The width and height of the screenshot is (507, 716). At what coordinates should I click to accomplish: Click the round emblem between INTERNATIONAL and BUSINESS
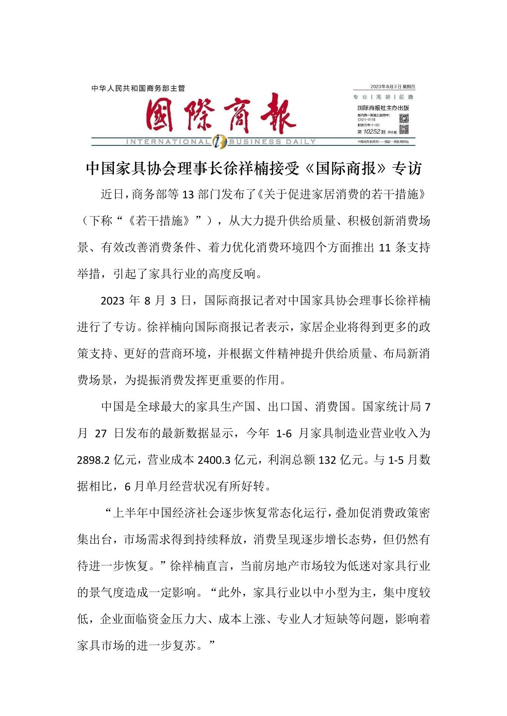pyautogui.click(x=220, y=141)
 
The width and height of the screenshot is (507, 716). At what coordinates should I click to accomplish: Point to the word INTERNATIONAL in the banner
pyautogui.click(x=168, y=142)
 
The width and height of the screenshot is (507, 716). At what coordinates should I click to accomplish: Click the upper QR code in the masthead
pyautogui.click(x=403, y=118)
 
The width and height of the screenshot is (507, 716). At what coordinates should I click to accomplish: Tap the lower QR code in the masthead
pyautogui.click(x=403, y=129)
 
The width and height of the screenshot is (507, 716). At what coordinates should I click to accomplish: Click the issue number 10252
pyautogui.click(x=372, y=131)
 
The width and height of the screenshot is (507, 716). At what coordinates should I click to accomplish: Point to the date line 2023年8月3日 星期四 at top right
pyautogui.click(x=392, y=87)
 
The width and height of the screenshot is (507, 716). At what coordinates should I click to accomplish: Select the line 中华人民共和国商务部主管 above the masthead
pyautogui.click(x=138, y=88)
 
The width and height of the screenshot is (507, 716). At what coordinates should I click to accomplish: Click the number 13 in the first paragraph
pyautogui.click(x=188, y=195)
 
